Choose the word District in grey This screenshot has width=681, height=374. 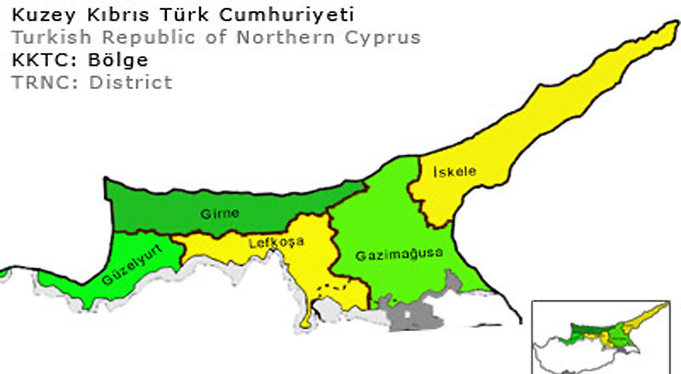(x=131, y=82)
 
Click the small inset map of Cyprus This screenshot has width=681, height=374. (x=605, y=335)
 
